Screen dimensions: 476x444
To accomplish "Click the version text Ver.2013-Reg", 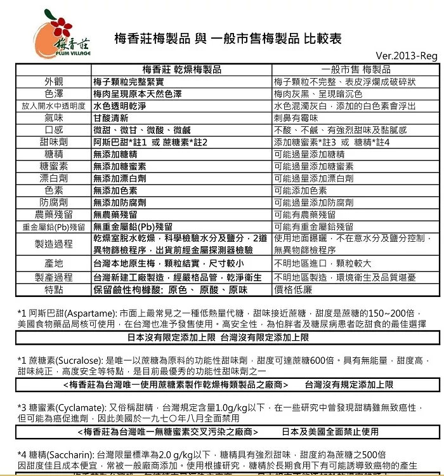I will coord(411,55).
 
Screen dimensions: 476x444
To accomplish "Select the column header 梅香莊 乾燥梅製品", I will coord(182,70).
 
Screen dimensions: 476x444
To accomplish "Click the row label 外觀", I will coord(54,82).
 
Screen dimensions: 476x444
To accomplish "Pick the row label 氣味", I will coord(54,118).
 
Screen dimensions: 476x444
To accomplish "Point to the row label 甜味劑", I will coord(54,142).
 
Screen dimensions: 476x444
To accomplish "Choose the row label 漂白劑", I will coord(54,178).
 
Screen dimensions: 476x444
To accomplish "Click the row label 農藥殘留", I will coord(54,215).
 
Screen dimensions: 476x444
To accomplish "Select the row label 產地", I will coord(54,263).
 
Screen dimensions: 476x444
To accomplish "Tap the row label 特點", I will coord(54,289).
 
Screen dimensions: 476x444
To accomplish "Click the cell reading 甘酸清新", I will coord(111,118).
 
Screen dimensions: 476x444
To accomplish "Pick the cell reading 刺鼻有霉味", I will coord(296,118).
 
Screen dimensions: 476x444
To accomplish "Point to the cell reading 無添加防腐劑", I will coord(119,202).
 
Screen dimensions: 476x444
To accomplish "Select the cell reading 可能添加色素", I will coord(300,190).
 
